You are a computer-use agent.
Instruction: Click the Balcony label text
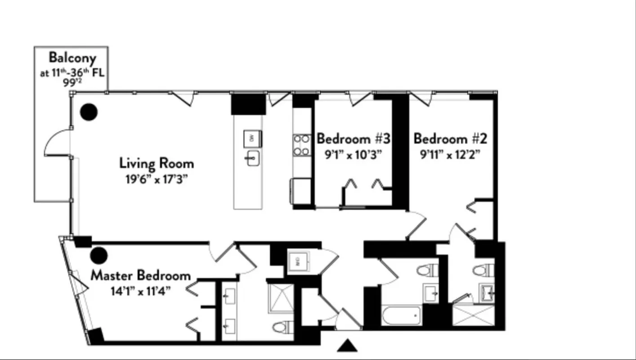(72, 58)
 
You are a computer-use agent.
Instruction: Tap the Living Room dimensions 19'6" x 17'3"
(156, 179)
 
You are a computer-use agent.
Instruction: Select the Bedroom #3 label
(353, 139)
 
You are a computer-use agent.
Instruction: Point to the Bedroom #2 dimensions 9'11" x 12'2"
(450, 154)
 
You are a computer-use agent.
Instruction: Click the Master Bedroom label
(140, 275)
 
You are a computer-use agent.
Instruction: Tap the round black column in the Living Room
(89, 112)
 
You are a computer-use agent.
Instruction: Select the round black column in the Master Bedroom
(99, 256)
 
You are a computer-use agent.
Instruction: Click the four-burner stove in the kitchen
(302, 145)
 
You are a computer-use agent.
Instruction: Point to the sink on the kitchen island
(252, 158)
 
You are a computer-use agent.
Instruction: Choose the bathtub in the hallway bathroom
(402, 315)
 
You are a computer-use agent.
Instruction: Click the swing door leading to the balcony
(58, 142)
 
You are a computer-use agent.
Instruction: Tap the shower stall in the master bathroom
(281, 298)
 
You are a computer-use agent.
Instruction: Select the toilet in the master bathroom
(283, 326)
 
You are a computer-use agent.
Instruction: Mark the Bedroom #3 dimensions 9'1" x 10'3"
(353, 154)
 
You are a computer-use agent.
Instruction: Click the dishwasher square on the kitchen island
(252, 138)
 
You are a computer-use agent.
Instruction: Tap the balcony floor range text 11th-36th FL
(72, 73)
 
